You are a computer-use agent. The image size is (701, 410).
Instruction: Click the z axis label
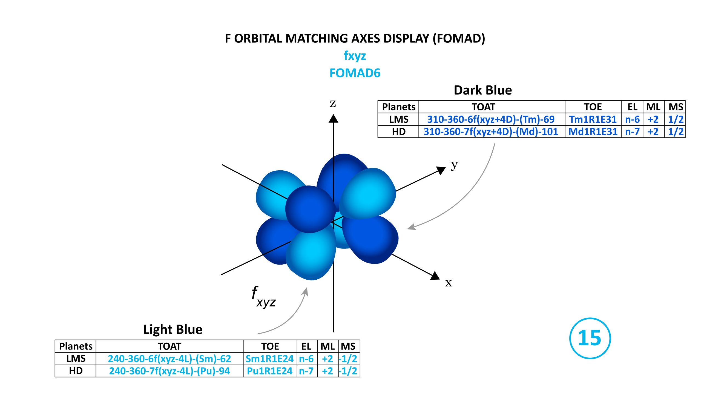(333, 104)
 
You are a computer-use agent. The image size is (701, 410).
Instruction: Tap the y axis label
(454, 165)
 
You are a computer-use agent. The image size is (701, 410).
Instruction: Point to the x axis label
(449, 283)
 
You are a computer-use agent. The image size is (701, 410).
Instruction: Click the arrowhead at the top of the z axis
(333, 119)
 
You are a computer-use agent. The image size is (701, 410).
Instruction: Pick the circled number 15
(590, 338)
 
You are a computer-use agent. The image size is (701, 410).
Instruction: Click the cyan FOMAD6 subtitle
(355, 73)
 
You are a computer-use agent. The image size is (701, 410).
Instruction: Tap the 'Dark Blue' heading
(483, 90)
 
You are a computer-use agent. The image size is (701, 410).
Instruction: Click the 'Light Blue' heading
(173, 329)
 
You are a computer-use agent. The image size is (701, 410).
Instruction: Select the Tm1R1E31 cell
(593, 119)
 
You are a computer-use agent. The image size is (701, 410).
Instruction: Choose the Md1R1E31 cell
(593, 131)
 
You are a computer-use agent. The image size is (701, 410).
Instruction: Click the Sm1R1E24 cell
(269, 359)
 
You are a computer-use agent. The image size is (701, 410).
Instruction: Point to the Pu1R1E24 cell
(269, 371)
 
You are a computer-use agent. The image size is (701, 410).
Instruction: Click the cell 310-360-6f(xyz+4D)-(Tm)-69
(491, 119)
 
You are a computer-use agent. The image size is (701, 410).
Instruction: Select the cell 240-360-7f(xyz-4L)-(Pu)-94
(169, 371)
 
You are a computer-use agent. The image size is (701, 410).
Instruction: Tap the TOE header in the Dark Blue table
(593, 107)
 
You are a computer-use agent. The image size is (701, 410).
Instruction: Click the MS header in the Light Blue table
(348, 346)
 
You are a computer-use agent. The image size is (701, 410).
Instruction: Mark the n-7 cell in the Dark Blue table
(632, 131)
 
